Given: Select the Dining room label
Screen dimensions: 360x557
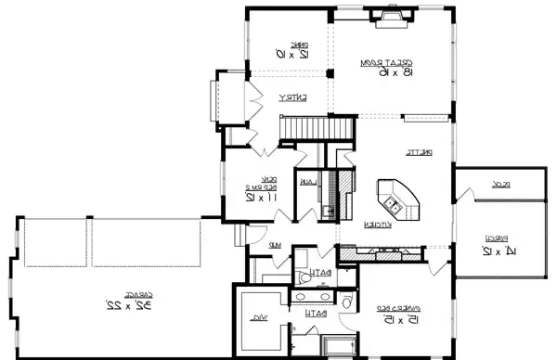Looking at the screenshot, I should coord(298,43).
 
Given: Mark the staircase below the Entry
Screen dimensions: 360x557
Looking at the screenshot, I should coord(305,125).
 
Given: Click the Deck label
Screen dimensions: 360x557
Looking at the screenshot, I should coord(526,185).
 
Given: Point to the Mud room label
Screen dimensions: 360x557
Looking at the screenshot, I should coord(276,245).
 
